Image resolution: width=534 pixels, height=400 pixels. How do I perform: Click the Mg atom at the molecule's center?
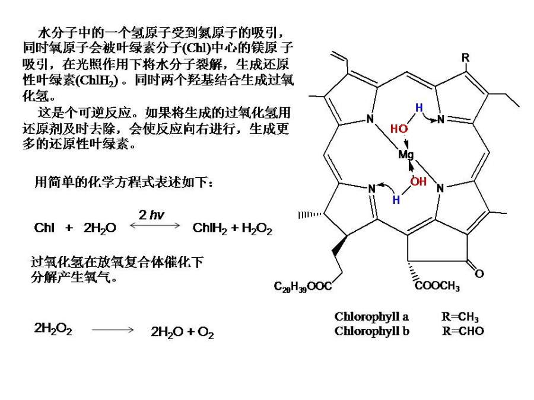click(x=406, y=155)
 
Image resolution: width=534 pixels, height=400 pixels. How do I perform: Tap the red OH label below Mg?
click(x=418, y=181)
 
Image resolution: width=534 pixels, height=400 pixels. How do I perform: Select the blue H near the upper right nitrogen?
click(x=419, y=108)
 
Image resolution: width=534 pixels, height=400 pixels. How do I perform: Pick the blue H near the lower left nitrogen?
click(x=396, y=200)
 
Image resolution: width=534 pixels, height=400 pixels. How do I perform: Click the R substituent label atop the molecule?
click(x=466, y=58)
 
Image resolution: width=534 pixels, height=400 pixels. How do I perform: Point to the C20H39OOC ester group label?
click(x=303, y=287)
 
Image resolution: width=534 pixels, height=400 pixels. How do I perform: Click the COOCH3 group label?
click(x=437, y=287)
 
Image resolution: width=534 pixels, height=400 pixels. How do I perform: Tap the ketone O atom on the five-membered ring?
click(x=479, y=274)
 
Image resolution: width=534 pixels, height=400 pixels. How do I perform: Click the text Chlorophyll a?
click(x=371, y=316)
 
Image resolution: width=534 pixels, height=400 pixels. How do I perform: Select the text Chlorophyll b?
click(x=371, y=331)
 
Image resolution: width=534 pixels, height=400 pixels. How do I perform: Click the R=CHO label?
click(x=463, y=331)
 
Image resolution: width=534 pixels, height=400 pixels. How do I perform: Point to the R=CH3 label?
click(x=460, y=317)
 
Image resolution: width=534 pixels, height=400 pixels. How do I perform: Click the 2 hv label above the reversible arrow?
click(x=151, y=215)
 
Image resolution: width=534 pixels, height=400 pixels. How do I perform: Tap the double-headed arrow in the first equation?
click(x=158, y=225)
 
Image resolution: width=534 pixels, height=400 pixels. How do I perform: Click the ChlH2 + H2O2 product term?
click(x=233, y=229)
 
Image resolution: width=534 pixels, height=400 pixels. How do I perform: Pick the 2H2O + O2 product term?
click(x=182, y=332)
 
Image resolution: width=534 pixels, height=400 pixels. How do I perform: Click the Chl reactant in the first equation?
click(x=44, y=228)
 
